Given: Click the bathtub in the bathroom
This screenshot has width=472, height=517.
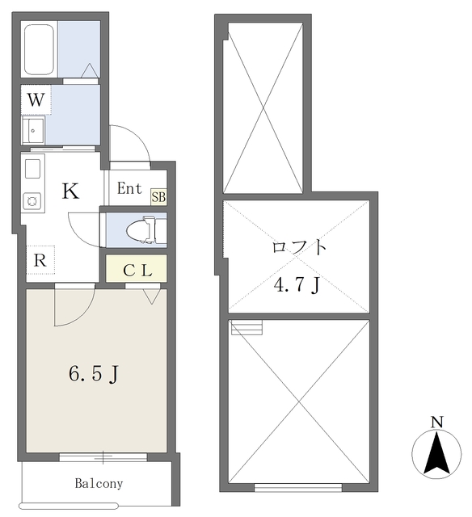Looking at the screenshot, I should point(40,49).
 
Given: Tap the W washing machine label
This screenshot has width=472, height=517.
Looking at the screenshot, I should point(35,101).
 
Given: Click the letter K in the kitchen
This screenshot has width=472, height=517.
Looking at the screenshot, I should point(70,192).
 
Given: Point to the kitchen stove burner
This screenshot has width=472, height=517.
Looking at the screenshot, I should point(33,199).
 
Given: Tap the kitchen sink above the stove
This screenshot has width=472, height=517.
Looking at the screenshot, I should point(33,170).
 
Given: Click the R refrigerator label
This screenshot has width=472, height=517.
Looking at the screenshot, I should point(40,260).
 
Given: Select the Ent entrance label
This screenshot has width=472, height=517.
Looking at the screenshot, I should point(130,189).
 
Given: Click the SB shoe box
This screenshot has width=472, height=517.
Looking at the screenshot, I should point(158,195).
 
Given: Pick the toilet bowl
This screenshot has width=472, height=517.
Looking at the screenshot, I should point(143,230).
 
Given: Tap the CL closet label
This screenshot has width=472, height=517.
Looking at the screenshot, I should point(137,270).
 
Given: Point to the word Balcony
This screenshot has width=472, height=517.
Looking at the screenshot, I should point(99,484).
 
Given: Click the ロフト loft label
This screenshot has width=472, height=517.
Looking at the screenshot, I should point(299,247).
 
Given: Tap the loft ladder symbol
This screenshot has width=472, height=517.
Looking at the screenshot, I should point(247,328).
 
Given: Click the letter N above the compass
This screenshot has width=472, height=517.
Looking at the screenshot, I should point(436,422).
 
